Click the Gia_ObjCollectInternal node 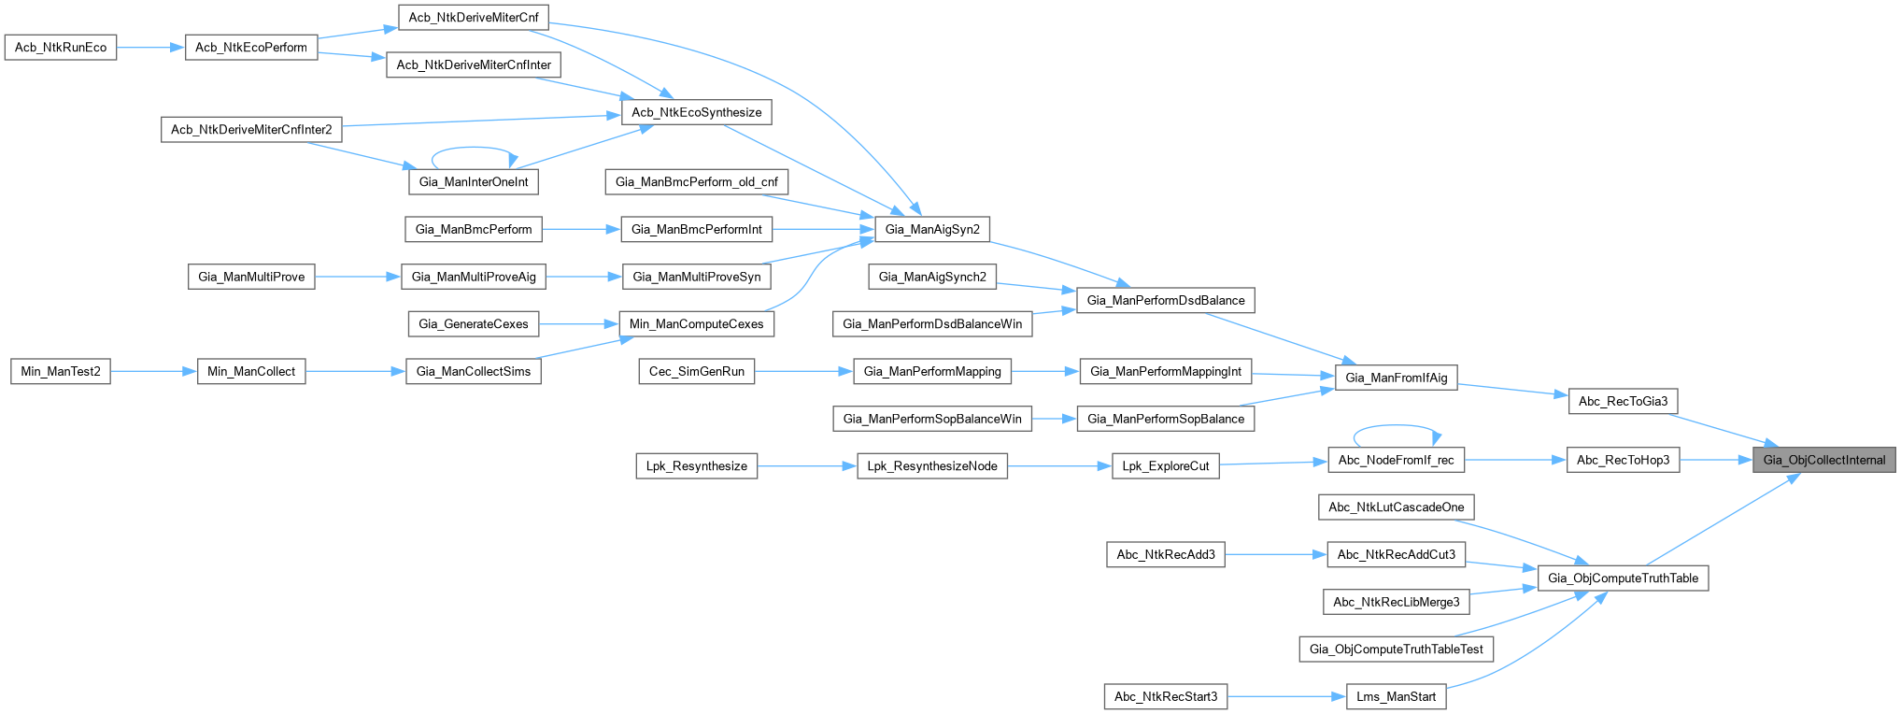click(x=1823, y=460)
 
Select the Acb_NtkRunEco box click(x=61, y=48)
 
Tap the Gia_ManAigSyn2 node click(x=932, y=229)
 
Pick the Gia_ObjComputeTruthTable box click(x=1623, y=578)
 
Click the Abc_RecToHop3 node click(x=1623, y=460)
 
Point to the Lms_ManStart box click(x=1396, y=696)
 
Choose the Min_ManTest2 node click(x=61, y=371)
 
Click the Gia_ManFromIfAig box click(x=1396, y=378)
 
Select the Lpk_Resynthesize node click(x=696, y=466)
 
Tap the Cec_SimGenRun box click(x=697, y=371)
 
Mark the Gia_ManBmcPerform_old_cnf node click(x=696, y=182)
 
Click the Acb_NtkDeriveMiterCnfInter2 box click(x=251, y=130)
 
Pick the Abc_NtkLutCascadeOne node click(x=1396, y=507)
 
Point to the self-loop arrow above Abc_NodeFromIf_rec click(x=1397, y=426)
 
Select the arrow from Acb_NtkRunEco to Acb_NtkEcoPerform click(x=150, y=48)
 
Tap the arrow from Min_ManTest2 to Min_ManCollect click(x=154, y=371)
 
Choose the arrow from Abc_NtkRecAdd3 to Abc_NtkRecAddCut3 click(x=1275, y=554)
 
